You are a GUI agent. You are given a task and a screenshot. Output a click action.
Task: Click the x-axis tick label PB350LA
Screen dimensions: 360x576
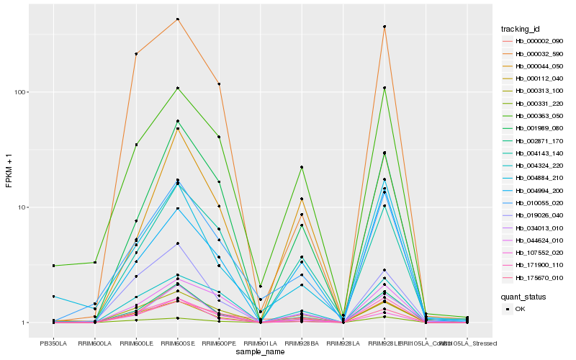[53, 343]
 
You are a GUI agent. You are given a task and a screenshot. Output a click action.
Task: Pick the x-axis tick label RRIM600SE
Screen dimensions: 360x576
[177, 343]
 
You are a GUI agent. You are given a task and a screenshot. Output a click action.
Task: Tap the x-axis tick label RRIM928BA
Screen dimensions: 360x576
[302, 343]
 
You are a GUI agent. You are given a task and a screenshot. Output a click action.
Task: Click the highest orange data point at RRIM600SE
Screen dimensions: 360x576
[177, 19]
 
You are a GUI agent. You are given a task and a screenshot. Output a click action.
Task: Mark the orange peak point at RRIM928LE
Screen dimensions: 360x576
[384, 27]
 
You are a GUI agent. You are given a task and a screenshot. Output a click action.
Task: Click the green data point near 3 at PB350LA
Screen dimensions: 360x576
[53, 266]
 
